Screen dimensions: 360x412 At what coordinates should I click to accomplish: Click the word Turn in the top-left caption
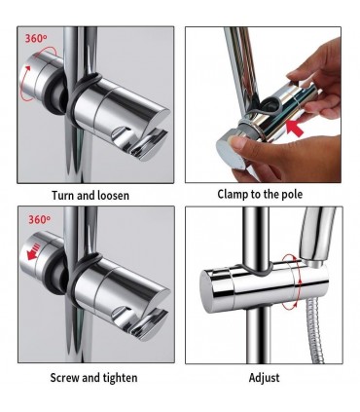pos(64,196)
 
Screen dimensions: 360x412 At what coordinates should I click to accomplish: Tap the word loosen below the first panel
pos(113,196)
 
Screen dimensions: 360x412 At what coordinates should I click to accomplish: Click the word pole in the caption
pos(291,194)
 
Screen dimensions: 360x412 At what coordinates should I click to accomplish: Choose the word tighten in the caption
pos(120,378)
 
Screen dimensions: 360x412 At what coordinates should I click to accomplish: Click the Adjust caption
pos(264,378)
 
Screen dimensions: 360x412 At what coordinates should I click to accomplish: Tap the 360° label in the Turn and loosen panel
pos(36,38)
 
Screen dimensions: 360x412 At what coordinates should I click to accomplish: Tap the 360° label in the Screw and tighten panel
pos(39,220)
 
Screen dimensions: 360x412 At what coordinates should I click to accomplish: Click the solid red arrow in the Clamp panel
pos(295,129)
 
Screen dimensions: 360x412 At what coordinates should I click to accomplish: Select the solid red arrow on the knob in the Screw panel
pos(34,251)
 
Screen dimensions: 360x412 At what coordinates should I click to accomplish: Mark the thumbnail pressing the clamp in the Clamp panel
pos(235,142)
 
